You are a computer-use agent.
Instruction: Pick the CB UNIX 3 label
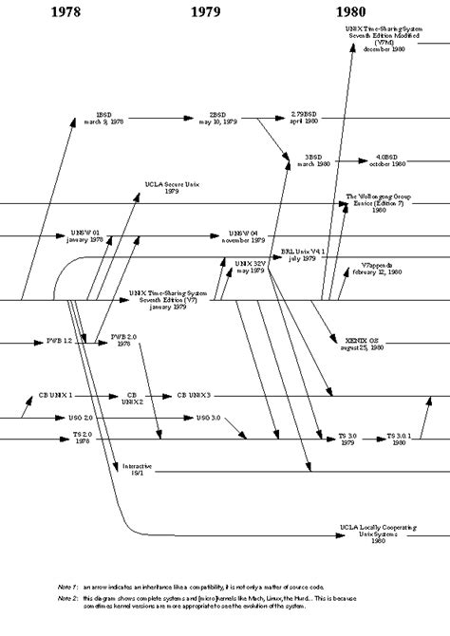(194, 394)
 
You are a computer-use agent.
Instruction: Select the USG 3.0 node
(207, 418)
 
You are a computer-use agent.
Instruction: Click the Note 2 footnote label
(66, 599)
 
